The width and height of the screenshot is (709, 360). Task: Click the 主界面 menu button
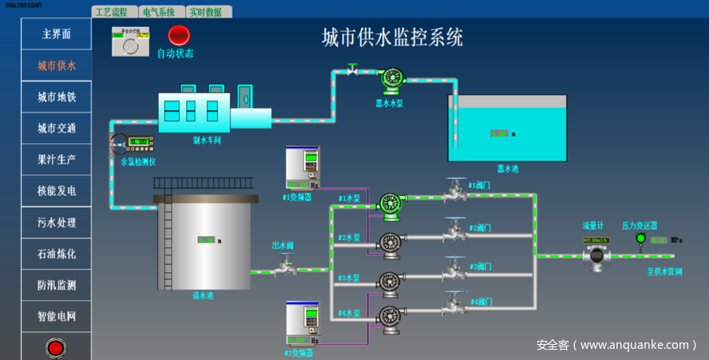pyautogui.click(x=56, y=34)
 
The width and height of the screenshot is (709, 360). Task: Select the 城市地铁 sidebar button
pyautogui.click(x=56, y=97)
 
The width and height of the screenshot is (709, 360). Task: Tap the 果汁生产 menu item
pyautogui.click(x=56, y=160)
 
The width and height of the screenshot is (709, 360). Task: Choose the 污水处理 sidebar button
pyautogui.click(x=56, y=222)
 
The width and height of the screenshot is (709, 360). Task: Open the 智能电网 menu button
pyautogui.click(x=56, y=316)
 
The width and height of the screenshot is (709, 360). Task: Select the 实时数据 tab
pyautogui.click(x=209, y=12)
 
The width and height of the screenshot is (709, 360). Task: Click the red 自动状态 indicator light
pyautogui.click(x=178, y=35)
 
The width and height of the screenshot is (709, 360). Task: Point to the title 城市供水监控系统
pyautogui.click(x=392, y=37)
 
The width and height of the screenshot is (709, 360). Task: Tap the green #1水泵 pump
pyautogui.click(x=390, y=204)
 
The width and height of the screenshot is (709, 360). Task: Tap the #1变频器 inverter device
pyautogui.click(x=303, y=168)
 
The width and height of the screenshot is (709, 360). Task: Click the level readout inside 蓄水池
pyautogui.click(x=500, y=133)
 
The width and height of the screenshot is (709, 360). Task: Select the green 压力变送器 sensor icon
pyautogui.click(x=640, y=238)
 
